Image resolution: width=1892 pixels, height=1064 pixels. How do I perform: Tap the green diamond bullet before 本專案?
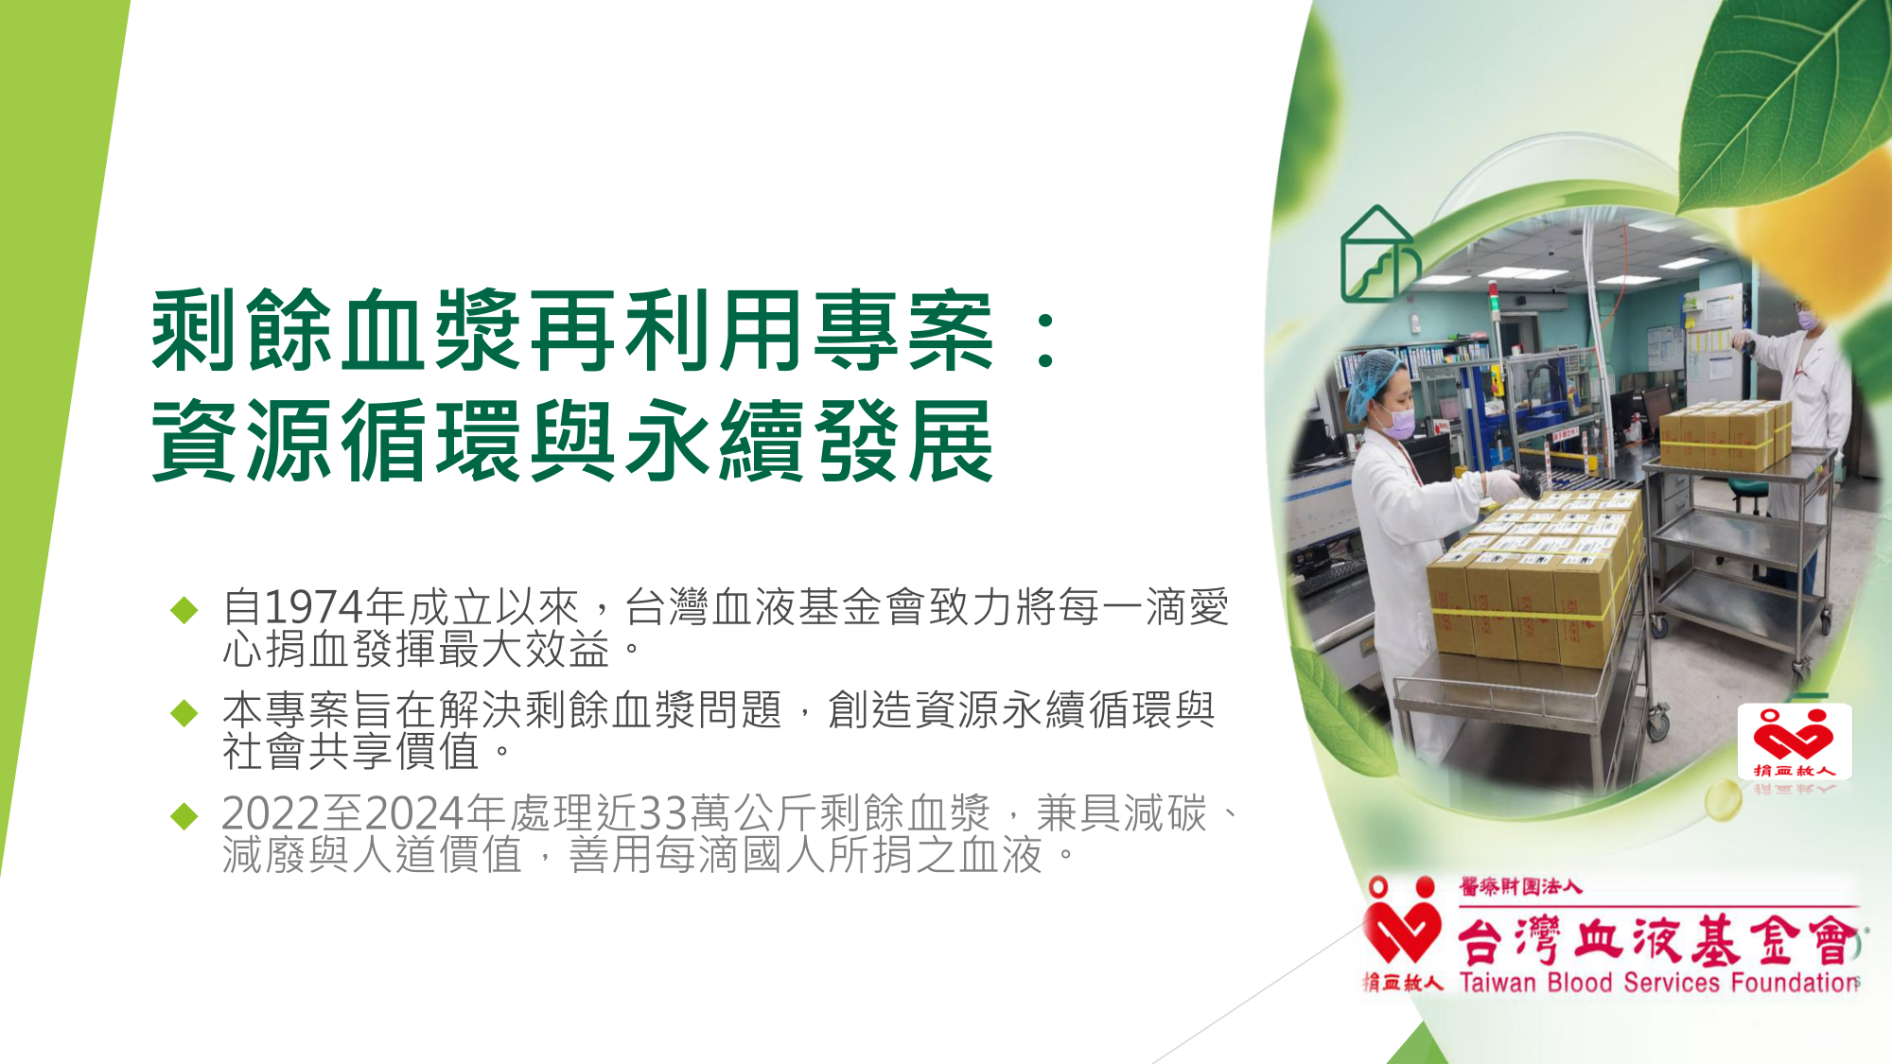click(x=184, y=712)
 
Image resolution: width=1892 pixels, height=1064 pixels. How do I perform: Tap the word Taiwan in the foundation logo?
click(x=1498, y=983)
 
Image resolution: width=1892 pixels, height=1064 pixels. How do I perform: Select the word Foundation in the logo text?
click(x=1795, y=983)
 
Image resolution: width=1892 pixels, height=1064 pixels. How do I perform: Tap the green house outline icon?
click(x=1380, y=253)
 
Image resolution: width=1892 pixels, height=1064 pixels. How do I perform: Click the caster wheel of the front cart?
click(x=1657, y=725)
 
